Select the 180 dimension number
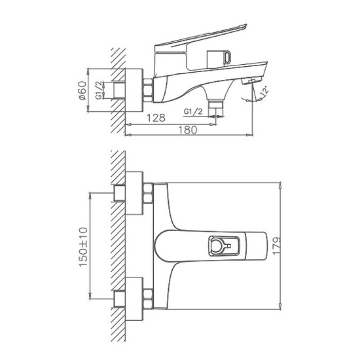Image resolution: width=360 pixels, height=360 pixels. [x=188, y=129]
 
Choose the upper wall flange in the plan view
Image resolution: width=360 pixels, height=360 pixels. [x=134, y=192]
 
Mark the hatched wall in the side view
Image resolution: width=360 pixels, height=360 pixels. [x=118, y=88]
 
